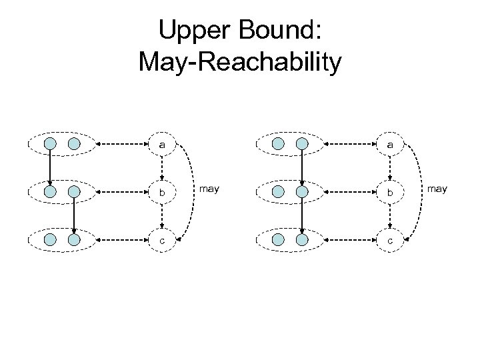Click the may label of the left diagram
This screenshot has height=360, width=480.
(209, 190)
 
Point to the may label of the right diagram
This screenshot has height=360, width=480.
(437, 190)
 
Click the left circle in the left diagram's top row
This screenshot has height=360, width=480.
(51, 143)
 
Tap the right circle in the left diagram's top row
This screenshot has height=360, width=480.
(75, 143)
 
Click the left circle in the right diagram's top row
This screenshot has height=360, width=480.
(279, 143)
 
